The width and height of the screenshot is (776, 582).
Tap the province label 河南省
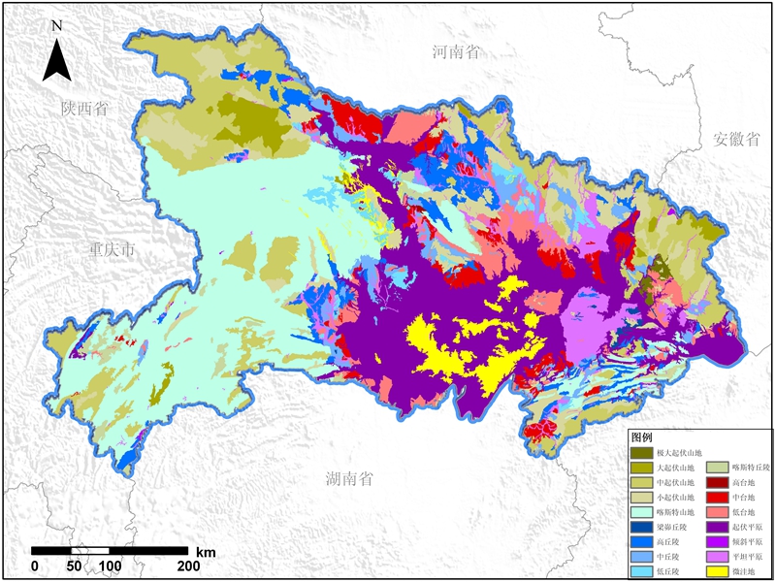click(456, 52)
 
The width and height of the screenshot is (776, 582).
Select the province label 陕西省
click(83, 108)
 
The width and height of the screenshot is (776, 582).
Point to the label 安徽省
click(734, 138)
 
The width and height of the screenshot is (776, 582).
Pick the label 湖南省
click(349, 477)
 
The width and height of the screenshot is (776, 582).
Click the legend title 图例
click(642, 437)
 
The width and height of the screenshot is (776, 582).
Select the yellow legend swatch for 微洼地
click(717, 571)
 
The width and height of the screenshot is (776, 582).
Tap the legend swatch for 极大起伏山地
click(641, 453)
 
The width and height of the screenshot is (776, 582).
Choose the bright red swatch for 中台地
click(717, 497)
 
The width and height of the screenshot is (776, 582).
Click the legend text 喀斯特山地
click(675, 512)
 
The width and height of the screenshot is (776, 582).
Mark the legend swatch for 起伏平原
click(717, 527)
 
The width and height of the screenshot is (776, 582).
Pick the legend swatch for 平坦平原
click(717, 557)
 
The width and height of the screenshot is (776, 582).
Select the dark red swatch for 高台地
click(717, 482)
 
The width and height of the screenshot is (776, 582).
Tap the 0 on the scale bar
click(35, 566)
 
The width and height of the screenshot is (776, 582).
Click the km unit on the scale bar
click(205, 551)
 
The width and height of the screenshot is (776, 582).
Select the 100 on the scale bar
click(110, 566)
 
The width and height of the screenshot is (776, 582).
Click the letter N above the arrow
click(56, 24)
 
